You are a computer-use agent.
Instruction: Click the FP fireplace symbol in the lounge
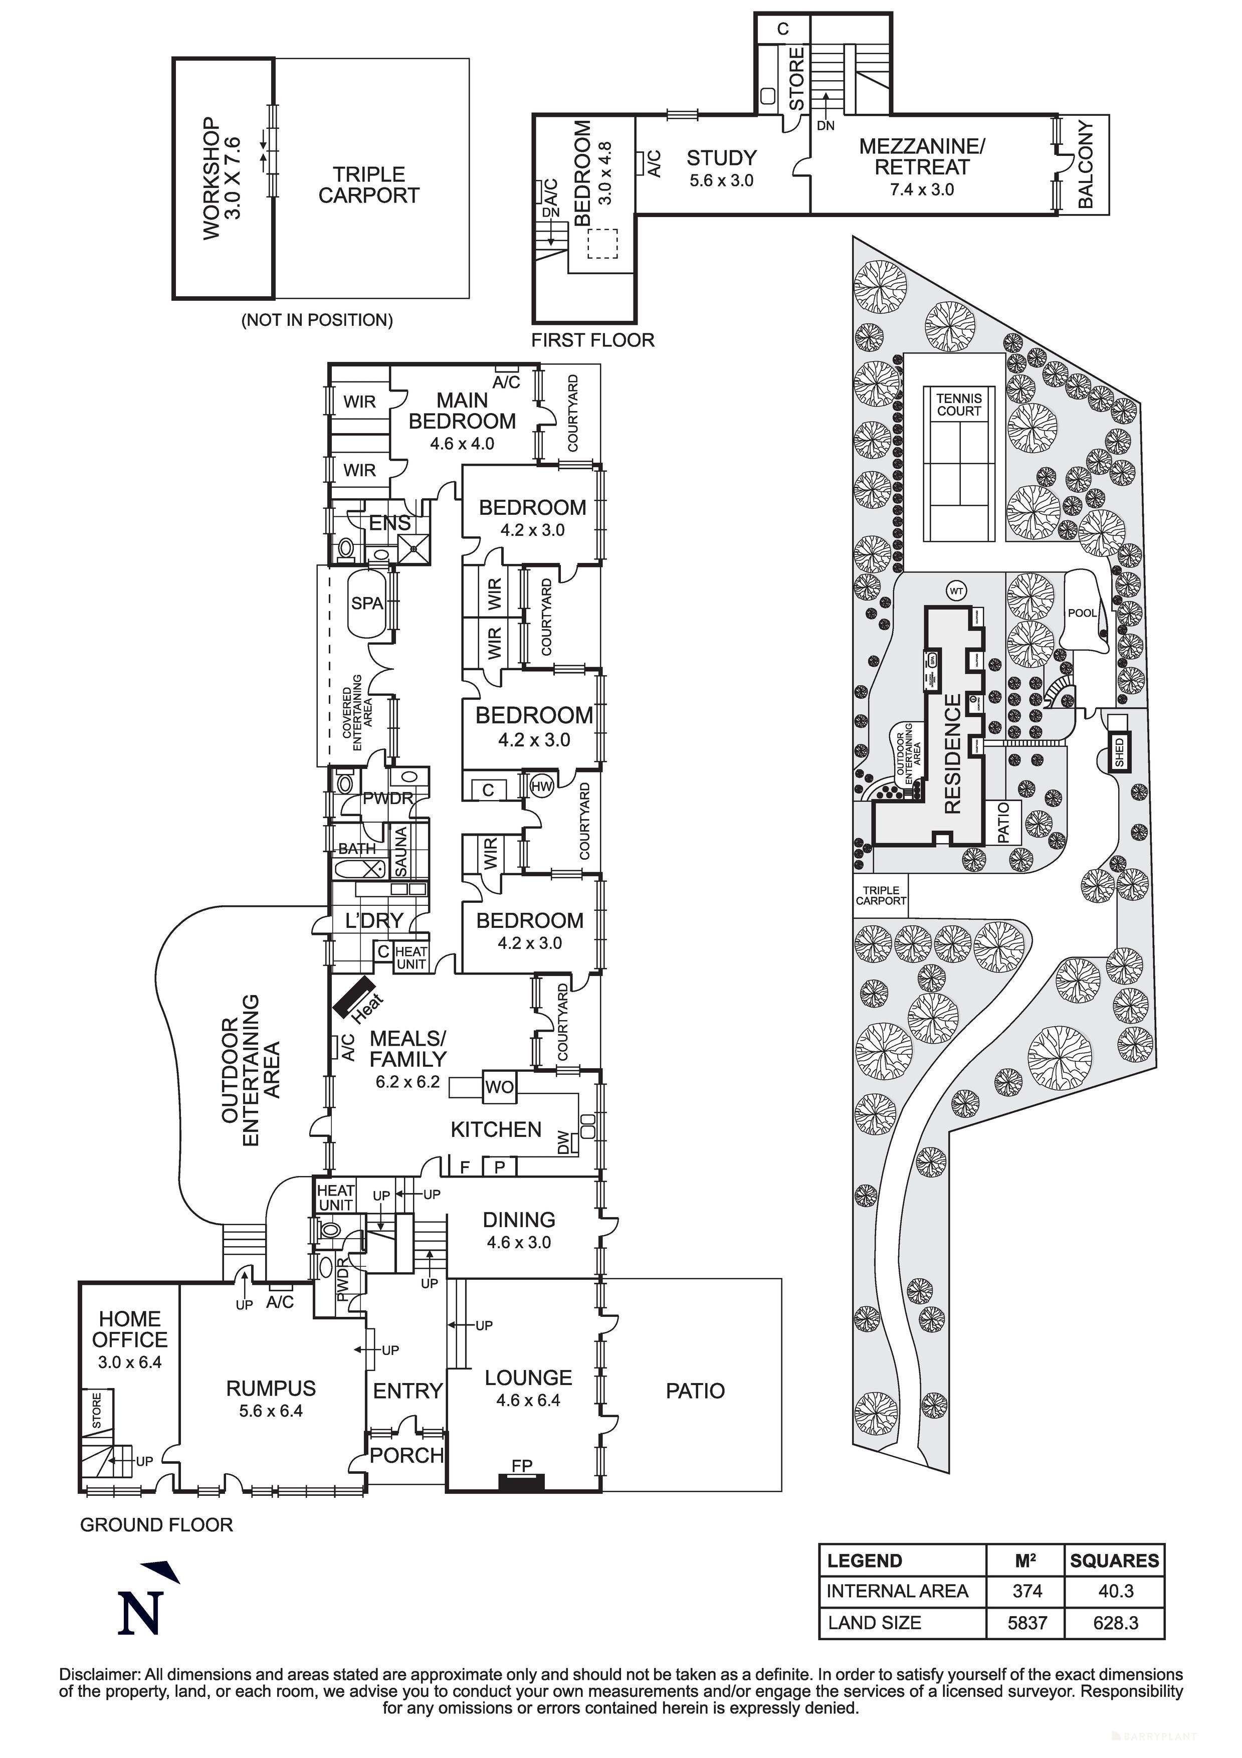click(x=521, y=1482)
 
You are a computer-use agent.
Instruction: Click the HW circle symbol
click(x=541, y=787)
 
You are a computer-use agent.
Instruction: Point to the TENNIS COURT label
click(x=959, y=404)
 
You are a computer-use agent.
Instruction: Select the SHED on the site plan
click(x=1120, y=752)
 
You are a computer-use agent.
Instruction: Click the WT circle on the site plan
click(x=956, y=591)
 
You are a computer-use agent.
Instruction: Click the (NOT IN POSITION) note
click(x=317, y=320)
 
